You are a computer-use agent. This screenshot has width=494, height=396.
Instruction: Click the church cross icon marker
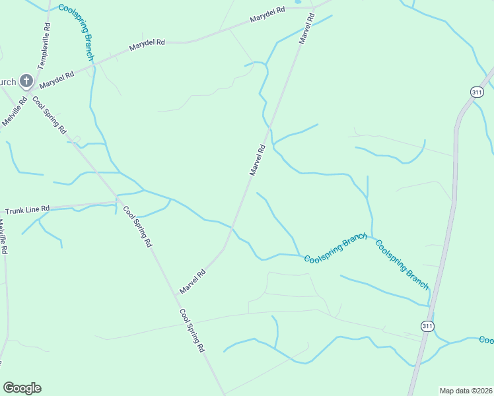pos(26,81)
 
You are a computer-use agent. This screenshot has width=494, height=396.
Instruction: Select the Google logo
pos(22,388)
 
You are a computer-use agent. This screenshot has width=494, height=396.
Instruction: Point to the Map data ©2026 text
pos(466,391)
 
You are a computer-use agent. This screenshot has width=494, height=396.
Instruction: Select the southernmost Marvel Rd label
pos(193,281)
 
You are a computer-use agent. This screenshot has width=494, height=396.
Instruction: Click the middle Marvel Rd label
pos(258,160)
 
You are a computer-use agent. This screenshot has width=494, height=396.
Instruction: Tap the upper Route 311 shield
pos(477,92)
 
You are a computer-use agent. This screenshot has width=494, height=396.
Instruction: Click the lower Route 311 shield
pos(427,326)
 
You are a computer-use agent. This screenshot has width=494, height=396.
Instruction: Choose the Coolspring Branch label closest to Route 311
pos(402,265)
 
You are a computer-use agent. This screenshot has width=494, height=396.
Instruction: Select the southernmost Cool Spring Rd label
pos(192,331)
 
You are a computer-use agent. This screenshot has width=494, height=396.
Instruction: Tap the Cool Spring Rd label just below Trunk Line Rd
pos(137,226)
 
